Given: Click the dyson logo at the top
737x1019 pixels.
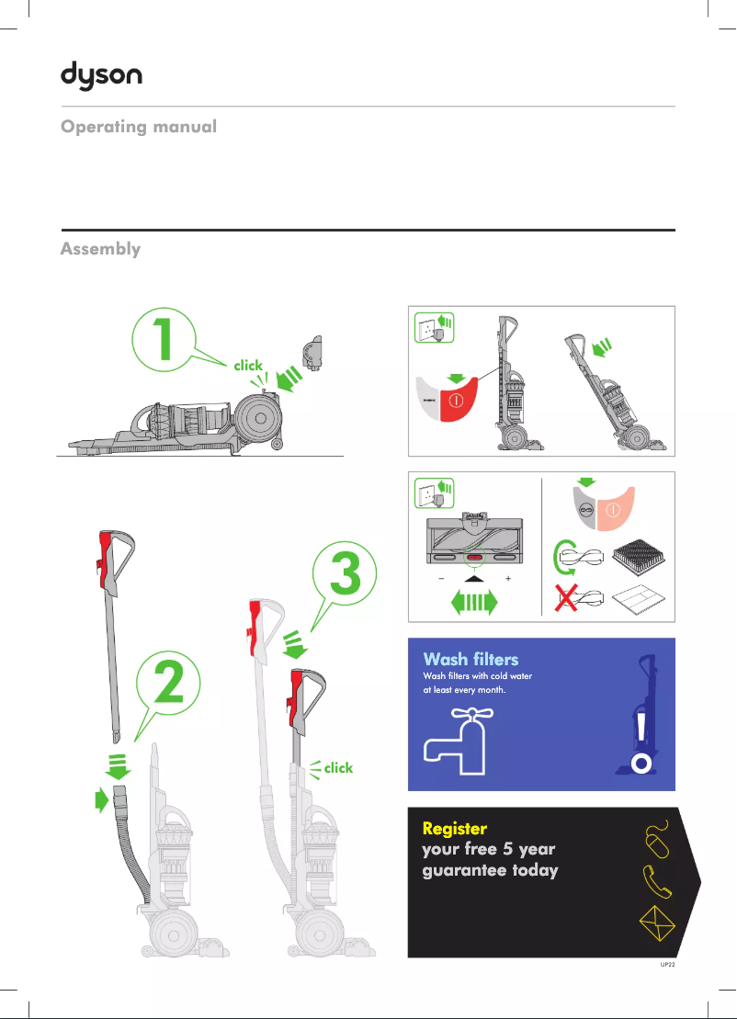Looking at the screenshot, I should point(101,74).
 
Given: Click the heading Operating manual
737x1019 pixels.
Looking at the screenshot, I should point(139,127).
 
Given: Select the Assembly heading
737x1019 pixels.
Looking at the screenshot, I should point(100,249).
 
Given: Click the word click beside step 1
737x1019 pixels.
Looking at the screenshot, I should point(248,366).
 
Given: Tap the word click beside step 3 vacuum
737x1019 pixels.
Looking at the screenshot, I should point(338,767).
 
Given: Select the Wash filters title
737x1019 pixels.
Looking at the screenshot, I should point(471,659).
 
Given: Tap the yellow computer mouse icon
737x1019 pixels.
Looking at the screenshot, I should point(656,837).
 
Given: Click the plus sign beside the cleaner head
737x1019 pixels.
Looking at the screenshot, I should point(508,581).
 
